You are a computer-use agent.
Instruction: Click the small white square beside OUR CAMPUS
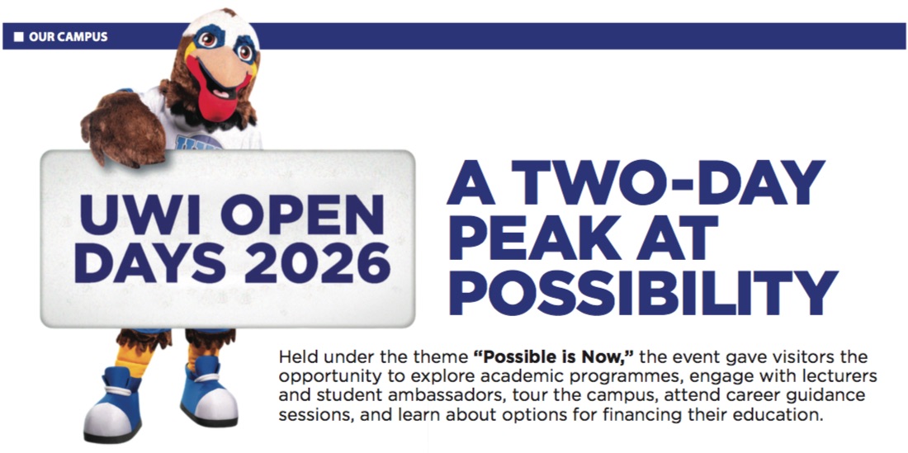click(18, 37)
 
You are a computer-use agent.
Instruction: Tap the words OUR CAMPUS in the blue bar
click(69, 37)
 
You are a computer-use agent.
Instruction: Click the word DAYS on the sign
click(154, 262)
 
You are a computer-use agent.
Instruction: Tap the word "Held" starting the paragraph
click(296, 356)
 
